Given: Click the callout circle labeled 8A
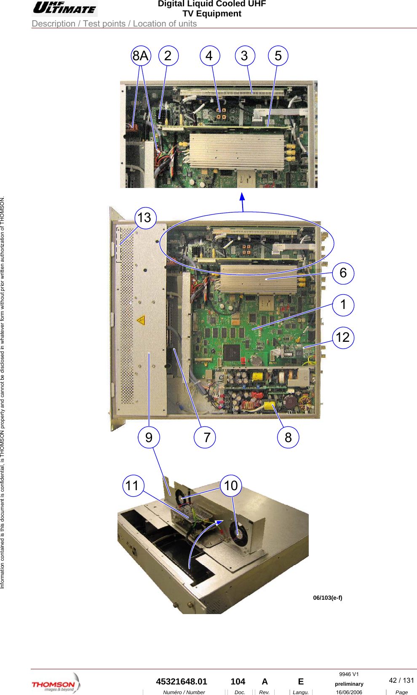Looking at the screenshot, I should pyautogui.click(x=141, y=56).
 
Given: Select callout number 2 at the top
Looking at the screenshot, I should pyautogui.click(x=168, y=56).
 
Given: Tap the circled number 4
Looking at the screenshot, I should pyautogui.click(x=209, y=56).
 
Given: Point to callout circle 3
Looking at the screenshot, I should pyautogui.click(x=244, y=56).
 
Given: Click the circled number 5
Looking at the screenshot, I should pyautogui.click(x=278, y=56).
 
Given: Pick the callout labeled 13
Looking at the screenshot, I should pyautogui.click(x=145, y=218).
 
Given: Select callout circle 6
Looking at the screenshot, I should pyautogui.click(x=343, y=273).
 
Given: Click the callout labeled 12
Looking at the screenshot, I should pyautogui.click(x=343, y=338).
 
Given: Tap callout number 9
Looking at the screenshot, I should pyautogui.click(x=149, y=437).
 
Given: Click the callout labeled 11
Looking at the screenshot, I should pyautogui.click(x=133, y=486).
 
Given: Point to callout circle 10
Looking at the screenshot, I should pyautogui.click(x=231, y=486).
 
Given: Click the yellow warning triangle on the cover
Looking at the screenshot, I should pyautogui.click(x=141, y=320).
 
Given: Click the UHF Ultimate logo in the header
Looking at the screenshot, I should pyautogui.click(x=64, y=8).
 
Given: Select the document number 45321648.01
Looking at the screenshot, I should pyautogui.click(x=182, y=682).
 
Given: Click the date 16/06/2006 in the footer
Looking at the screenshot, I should pyautogui.click(x=349, y=692).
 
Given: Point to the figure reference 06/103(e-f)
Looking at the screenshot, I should pyautogui.click(x=327, y=598).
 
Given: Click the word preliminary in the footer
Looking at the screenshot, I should pyautogui.click(x=349, y=684).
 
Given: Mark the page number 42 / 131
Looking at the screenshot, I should pyautogui.click(x=401, y=680).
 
